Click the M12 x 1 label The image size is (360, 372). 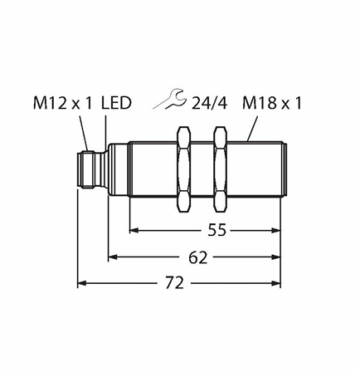click(x=62, y=103)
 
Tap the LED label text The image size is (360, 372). click(x=116, y=103)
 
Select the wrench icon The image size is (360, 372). click(x=168, y=99)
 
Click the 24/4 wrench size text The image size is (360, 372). click(x=210, y=104)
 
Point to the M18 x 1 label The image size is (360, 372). click(x=272, y=103)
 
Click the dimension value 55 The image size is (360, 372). click(x=217, y=230)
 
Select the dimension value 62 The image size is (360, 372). click(x=198, y=257)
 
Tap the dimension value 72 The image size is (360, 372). click(x=174, y=283)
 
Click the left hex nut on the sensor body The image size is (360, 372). click(x=184, y=169)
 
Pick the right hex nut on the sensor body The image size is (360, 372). click(x=221, y=169)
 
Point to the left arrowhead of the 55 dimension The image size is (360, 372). click(x=134, y=230)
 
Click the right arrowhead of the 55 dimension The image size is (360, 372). click(x=276, y=230)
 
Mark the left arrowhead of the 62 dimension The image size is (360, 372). click(x=113, y=257)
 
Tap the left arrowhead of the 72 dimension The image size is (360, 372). click(x=82, y=283)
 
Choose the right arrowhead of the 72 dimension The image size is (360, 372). click(x=276, y=283)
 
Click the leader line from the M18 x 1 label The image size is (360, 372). click(x=252, y=129)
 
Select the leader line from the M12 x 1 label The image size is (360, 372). click(x=84, y=134)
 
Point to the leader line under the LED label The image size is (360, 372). click(x=105, y=133)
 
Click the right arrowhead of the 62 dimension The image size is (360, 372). click(x=276, y=257)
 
